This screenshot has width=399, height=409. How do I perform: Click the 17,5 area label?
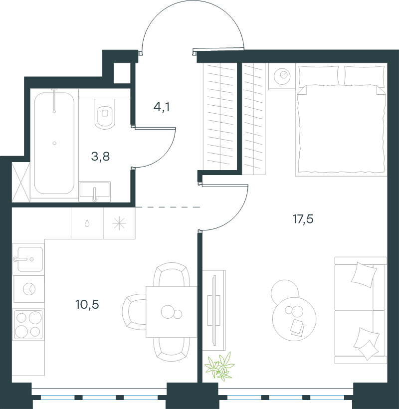[x=303, y=219]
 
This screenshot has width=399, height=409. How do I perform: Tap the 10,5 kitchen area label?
[x=87, y=304]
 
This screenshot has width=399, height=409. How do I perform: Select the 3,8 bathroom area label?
[x=100, y=157]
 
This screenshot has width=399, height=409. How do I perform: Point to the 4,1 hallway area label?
[x=162, y=107]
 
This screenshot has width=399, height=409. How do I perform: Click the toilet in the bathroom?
[x=105, y=114]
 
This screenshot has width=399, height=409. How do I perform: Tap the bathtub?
[x=54, y=143]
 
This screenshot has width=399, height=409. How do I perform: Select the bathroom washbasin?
[x=95, y=191]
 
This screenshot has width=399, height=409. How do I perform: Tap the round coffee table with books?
[x=294, y=319]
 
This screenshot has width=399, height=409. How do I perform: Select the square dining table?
[x=172, y=312]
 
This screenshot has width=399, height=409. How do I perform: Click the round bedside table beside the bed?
[x=282, y=76]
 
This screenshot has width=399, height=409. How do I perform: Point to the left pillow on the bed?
[x=318, y=76]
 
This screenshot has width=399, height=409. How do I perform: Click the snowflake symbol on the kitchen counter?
[x=119, y=223]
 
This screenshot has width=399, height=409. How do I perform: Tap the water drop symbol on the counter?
[x=87, y=223]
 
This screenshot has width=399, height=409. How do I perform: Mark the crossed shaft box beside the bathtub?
[x=21, y=182]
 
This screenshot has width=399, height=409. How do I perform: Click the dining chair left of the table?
[x=134, y=312]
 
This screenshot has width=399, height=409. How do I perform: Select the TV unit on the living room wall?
[x=214, y=310]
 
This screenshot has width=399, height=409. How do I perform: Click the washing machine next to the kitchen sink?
[x=29, y=289]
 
